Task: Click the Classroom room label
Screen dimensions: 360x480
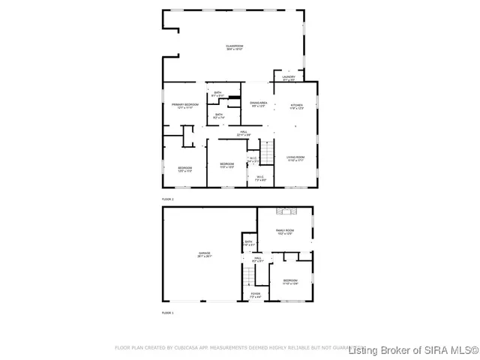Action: [234, 47]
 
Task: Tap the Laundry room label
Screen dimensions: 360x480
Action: [289, 77]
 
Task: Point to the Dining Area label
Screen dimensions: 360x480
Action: [259, 103]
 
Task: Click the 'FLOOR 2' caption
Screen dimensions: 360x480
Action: [168, 199]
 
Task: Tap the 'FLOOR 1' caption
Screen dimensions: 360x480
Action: [168, 311]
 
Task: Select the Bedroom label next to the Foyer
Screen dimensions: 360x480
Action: [290, 282]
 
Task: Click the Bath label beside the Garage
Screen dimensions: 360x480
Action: [248, 243]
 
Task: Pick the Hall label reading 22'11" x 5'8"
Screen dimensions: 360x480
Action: [244, 133]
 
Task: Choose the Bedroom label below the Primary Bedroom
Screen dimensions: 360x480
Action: [185, 169]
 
